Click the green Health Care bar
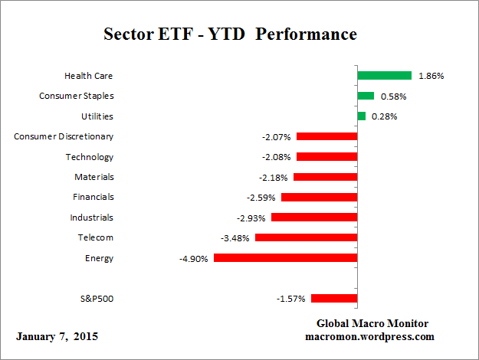(x=385, y=76)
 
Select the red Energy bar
(x=285, y=258)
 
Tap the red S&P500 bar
(x=334, y=299)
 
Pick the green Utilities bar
(x=361, y=116)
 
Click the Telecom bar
(x=306, y=237)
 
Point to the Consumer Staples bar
(x=366, y=96)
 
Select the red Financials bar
(x=319, y=197)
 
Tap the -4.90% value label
(x=193, y=258)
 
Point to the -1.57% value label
(x=290, y=299)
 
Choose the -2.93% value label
(x=251, y=218)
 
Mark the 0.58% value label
(x=393, y=96)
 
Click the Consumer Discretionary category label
(x=64, y=136)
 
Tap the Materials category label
(x=94, y=177)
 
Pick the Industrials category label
(x=91, y=218)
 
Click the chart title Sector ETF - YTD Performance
(x=230, y=35)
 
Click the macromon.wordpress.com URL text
(x=370, y=336)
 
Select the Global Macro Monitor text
(x=372, y=323)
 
